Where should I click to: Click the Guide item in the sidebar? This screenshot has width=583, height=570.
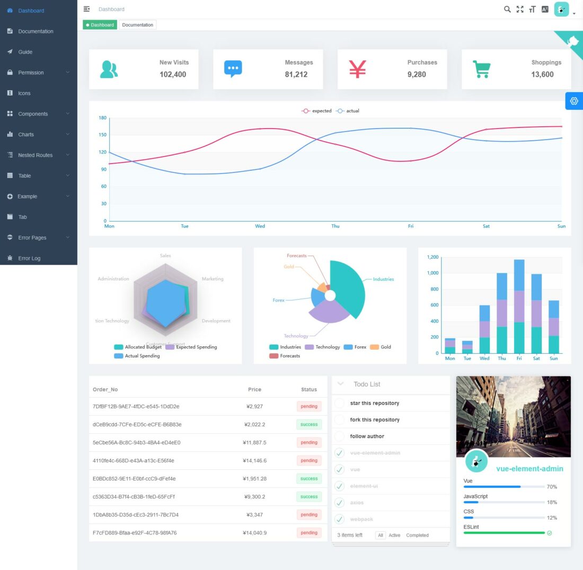(x=25, y=52)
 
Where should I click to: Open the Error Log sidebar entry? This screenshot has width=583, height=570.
(x=29, y=258)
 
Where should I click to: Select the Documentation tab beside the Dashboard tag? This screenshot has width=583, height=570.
(x=137, y=25)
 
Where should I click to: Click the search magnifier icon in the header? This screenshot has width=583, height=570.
(x=507, y=9)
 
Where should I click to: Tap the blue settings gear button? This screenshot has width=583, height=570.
(x=574, y=101)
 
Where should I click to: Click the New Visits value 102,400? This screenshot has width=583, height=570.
(x=173, y=74)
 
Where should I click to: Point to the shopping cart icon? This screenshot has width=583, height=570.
(x=481, y=69)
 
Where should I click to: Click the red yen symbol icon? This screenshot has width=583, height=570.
(x=357, y=69)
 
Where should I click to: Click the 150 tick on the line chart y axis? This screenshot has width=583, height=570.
(x=102, y=135)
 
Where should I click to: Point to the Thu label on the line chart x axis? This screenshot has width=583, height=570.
(x=335, y=226)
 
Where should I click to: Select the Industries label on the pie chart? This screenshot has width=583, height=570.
(x=383, y=279)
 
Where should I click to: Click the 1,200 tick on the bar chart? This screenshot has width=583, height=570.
(x=432, y=257)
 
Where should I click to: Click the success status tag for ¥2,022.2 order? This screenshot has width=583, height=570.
(x=309, y=424)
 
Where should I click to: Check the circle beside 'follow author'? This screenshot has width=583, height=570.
(x=340, y=436)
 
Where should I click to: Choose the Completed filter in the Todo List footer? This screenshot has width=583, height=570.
(x=417, y=535)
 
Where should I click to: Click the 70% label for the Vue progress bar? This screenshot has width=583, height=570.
(x=552, y=487)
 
